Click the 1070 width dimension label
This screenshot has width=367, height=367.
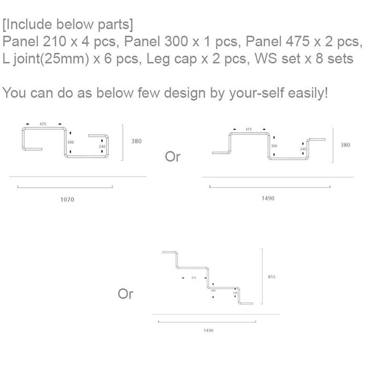click(67, 200)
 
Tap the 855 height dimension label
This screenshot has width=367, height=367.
click(272, 277)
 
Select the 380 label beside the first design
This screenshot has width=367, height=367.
click(136, 141)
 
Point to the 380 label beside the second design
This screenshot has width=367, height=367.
click(345, 145)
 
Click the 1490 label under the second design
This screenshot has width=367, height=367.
click(268, 199)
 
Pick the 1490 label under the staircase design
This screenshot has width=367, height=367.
click(208, 331)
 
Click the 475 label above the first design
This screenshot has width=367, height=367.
click(43, 124)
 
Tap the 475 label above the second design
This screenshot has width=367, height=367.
click(248, 129)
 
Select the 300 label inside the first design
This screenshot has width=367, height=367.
click(70, 142)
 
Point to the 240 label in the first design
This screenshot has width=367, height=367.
click(102, 146)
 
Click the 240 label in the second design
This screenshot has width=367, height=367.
click(303, 149)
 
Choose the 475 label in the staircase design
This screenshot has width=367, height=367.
click(193, 278)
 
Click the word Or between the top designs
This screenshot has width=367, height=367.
click(173, 157)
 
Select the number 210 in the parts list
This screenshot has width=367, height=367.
click(55, 41)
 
